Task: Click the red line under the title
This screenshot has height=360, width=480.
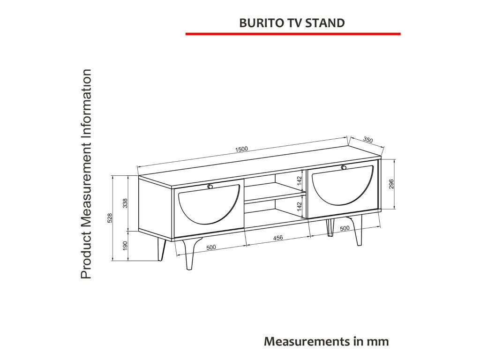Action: [x=293, y=34]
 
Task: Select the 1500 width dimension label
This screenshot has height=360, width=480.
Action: [x=241, y=149]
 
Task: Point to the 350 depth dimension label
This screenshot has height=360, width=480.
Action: [x=368, y=140]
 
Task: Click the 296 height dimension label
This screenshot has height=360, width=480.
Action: [x=391, y=184]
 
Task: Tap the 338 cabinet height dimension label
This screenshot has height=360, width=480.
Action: [x=125, y=203]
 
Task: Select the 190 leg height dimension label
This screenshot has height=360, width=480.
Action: [x=125, y=246]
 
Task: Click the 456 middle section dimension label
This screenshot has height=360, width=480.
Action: [x=278, y=238]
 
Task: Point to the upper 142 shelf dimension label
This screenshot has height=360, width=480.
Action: [x=300, y=181]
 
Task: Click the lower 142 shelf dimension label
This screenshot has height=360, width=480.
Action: [x=300, y=206]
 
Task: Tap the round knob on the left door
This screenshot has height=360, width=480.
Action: [x=210, y=187]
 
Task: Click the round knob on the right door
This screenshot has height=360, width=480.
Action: [x=344, y=167]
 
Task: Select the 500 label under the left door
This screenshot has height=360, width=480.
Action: [x=211, y=247]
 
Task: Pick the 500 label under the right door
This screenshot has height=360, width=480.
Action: [x=345, y=229]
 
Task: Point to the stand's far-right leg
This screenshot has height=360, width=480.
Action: [x=359, y=231]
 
